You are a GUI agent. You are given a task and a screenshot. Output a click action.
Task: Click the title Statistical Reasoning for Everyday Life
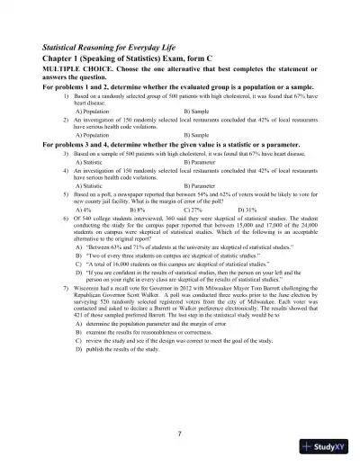[119, 44]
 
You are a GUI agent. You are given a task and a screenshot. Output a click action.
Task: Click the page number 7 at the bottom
[180, 433]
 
